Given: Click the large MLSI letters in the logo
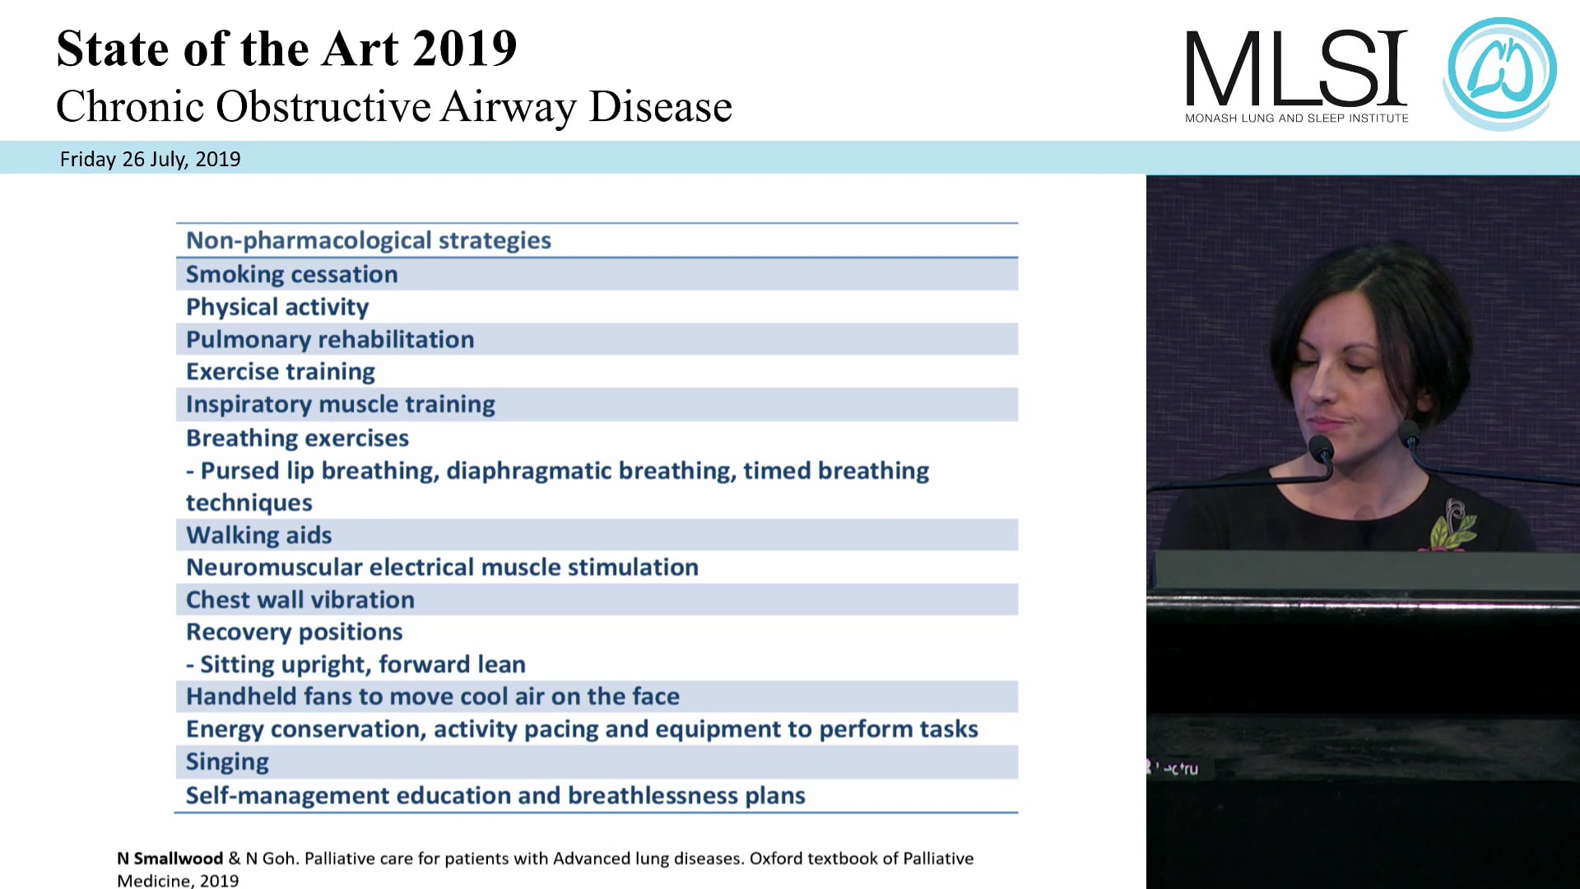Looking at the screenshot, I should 1296,69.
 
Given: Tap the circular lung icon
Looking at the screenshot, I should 1501,72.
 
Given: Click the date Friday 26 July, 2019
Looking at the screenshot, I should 150,159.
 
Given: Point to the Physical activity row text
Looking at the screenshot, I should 277,307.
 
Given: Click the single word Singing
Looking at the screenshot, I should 227,761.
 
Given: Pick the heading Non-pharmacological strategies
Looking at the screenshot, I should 368,240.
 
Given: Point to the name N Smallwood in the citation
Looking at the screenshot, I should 170,859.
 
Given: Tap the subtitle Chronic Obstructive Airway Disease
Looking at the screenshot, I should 394,107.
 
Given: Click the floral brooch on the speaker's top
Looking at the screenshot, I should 1452,524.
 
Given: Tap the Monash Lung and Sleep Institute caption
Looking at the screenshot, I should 1296,119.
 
